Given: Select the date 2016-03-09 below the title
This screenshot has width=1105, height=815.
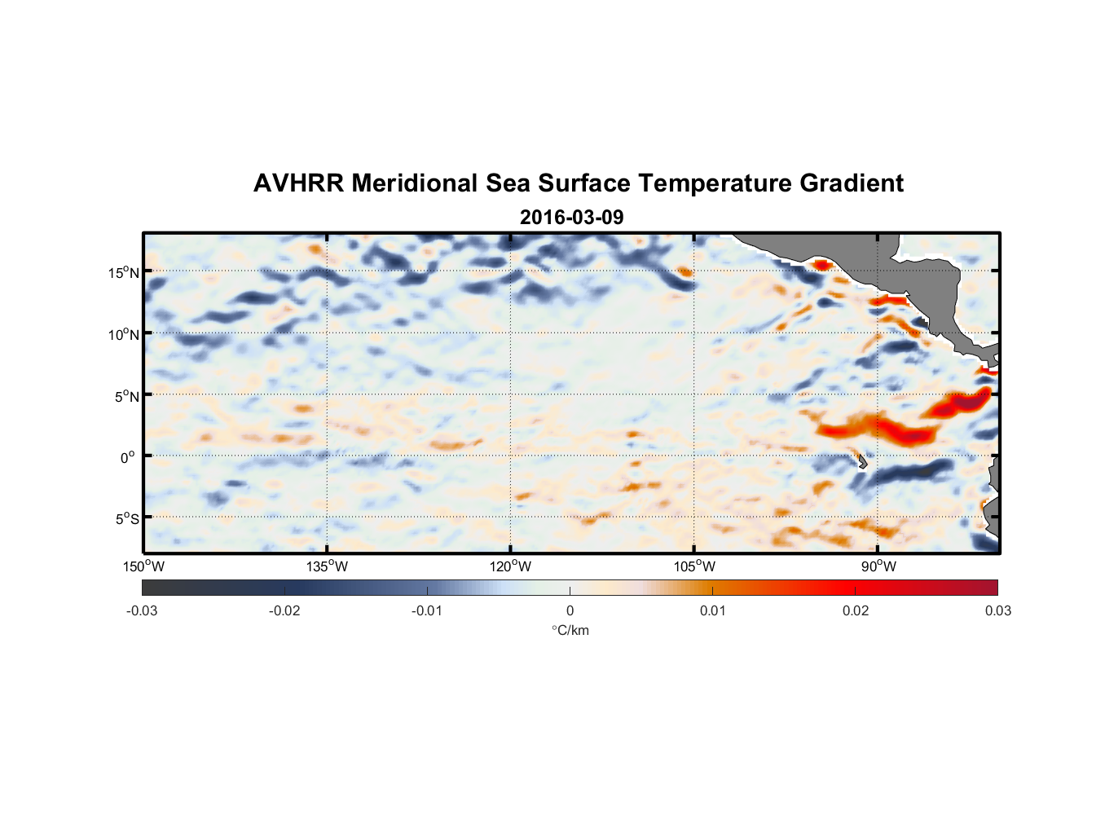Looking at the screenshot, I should [571, 218].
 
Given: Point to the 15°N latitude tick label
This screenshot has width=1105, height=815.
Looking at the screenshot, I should [123, 273].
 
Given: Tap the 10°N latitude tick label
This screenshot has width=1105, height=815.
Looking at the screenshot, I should [123, 334].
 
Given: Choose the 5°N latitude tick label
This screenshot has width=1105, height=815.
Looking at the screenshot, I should [126, 396].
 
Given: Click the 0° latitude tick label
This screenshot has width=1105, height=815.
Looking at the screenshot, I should [128, 458].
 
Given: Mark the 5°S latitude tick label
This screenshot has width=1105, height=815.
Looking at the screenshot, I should [126, 519].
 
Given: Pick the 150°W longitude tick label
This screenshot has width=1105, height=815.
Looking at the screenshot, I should [143, 566].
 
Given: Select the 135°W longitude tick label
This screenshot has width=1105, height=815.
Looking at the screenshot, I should [327, 566].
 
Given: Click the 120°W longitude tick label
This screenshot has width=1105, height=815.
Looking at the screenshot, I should [510, 566].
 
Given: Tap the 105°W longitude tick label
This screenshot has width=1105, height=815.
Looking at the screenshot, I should [694, 566].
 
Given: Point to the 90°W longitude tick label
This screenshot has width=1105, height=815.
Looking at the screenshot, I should [878, 566].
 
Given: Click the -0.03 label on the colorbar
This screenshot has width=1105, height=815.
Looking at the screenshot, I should [142, 610].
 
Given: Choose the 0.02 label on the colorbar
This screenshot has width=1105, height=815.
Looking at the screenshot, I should [856, 610].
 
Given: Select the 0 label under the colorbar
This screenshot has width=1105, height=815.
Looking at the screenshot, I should [570, 610].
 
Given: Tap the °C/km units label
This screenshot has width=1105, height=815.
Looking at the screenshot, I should [570, 630].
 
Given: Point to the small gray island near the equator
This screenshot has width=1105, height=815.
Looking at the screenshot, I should [862, 462].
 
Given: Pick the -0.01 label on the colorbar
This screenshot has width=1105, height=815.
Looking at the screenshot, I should [427, 610].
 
